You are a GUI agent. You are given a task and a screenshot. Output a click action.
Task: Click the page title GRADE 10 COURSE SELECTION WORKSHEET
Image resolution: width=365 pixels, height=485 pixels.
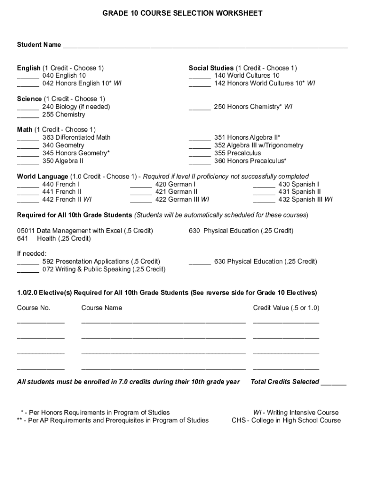click(182, 13)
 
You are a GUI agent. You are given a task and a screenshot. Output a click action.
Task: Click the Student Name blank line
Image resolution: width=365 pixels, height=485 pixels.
click(205, 46)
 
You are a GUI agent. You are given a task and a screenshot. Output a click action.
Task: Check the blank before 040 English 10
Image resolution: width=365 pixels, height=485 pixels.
click(28, 77)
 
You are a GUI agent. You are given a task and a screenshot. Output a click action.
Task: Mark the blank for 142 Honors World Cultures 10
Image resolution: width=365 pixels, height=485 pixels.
click(200, 85)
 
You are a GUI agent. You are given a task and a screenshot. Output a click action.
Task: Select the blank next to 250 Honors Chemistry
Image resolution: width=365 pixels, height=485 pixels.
click(200, 108)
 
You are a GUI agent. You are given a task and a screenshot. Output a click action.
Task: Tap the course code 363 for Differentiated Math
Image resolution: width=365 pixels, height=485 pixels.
click(48, 137)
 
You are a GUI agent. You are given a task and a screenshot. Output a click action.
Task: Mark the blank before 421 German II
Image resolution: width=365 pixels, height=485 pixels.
click(141, 193)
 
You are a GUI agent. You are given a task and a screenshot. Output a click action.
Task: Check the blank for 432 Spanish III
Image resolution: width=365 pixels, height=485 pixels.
click(264, 201)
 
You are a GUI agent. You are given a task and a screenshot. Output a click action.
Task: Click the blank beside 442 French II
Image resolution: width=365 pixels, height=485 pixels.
click(28, 201)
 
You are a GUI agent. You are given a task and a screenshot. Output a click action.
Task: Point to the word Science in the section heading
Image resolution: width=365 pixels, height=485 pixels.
click(29, 99)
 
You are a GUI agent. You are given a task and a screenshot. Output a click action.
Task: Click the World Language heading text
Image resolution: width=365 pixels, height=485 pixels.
click(43, 177)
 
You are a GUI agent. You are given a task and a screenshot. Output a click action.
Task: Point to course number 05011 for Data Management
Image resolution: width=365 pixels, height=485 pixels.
click(26, 231)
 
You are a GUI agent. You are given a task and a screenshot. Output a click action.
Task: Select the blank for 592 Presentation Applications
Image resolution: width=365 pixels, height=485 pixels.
click(28, 263)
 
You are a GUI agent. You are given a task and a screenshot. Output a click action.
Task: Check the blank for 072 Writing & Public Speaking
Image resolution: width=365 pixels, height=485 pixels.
click(28, 271)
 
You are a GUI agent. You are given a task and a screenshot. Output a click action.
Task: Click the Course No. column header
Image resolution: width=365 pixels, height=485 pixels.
click(34, 308)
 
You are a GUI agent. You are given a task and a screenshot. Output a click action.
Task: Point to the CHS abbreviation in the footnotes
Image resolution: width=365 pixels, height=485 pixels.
click(239, 420)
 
